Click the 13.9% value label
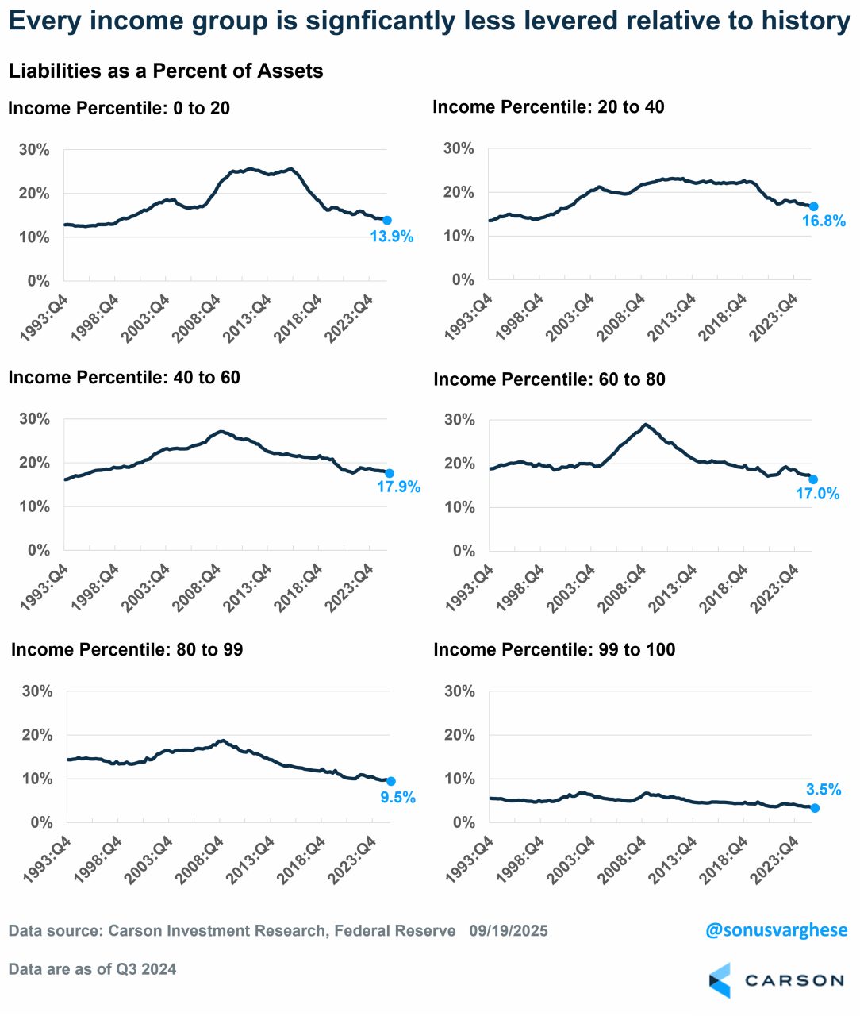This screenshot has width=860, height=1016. pos(392,237)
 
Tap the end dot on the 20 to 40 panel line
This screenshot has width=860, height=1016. pos(813,206)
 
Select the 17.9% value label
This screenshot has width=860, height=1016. pos(398,487)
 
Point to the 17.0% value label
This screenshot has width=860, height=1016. pos(817,494)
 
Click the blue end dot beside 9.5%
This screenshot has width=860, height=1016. pos(390,781)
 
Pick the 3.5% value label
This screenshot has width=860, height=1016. pos(824,789)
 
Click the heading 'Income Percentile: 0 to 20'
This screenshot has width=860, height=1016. pos(119,108)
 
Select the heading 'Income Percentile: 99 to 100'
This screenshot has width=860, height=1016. pos(555,650)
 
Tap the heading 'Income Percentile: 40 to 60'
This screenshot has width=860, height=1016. pos(124,378)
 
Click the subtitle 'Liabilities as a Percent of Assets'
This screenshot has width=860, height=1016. pos(166,71)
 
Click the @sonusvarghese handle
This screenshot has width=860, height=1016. pos(776,929)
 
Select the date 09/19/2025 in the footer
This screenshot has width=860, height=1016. pos(508,930)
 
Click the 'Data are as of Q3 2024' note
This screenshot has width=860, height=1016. pos(93,969)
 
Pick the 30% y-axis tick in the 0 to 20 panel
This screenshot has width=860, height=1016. pos(34,150)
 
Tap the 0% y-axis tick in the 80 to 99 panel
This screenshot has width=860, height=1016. pos(41,822)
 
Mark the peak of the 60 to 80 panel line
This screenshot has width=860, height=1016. pos(646,425)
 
